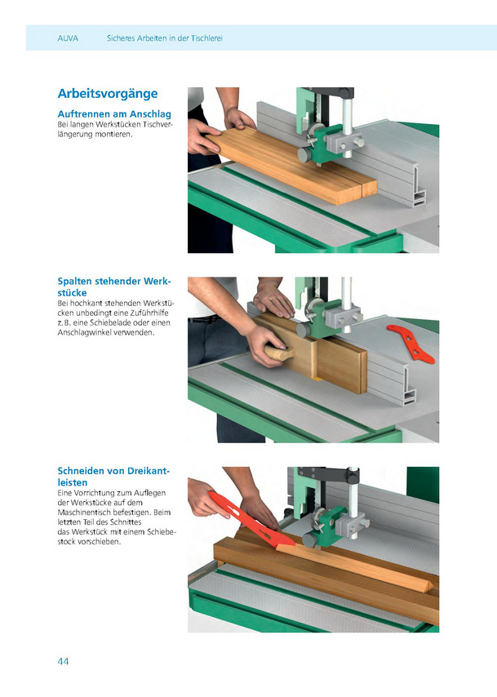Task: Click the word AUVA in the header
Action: coord(68,38)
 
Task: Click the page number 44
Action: coord(63,661)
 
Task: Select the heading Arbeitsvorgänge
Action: coord(108,94)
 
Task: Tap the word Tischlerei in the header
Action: coord(206,38)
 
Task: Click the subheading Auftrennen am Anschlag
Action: coord(114,113)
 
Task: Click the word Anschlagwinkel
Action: coord(84,332)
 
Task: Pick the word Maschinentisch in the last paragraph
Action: coord(83,512)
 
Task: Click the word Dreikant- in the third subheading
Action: coord(149,471)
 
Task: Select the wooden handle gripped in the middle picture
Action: coord(280,353)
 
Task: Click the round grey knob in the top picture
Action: coord(305,155)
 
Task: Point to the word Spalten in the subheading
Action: coord(75,282)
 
